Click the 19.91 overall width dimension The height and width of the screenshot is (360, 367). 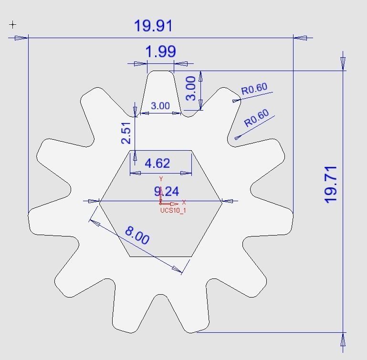click(153, 26)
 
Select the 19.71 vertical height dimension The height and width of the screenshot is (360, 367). click(330, 184)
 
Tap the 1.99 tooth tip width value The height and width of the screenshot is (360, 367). click(160, 51)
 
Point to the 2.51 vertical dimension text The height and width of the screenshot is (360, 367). click(126, 133)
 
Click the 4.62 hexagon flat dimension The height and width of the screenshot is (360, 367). click(157, 164)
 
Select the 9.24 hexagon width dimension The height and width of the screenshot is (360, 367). click(167, 192)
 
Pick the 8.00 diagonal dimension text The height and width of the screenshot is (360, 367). click(137, 235)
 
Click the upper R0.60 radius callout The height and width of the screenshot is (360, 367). click(254, 89)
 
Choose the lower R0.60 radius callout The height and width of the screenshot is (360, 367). click(257, 118)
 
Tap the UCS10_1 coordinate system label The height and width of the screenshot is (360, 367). click(173, 210)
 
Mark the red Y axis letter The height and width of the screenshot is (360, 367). click(161, 179)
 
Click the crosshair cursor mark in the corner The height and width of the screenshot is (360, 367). click(13, 24)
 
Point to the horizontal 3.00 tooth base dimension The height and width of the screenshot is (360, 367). click(160, 106)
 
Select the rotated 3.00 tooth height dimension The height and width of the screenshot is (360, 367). click(190, 89)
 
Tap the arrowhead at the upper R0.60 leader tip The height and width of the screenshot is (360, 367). click(235, 100)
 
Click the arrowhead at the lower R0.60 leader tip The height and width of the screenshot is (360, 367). click(237, 137)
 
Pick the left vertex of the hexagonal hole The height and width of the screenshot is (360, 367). click(100, 202)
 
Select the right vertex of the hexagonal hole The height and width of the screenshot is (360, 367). click(222, 202)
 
